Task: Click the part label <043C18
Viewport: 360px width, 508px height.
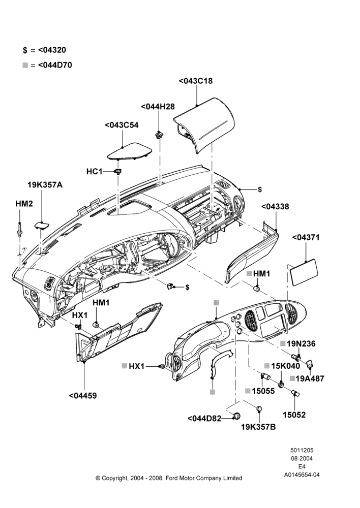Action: click(x=196, y=81)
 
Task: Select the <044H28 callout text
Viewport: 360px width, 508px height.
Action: click(x=158, y=107)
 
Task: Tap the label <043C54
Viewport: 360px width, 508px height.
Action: click(x=122, y=125)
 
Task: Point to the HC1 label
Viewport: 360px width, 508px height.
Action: click(x=95, y=171)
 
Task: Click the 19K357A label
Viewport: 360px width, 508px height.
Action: click(x=45, y=185)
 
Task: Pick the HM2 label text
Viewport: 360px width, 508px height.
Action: click(x=24, y=204)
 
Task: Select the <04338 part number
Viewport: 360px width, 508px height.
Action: click(x=275, y=207)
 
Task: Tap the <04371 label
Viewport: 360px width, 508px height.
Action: click(x=306, y=237)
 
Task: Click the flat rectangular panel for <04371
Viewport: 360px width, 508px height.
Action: click(x=304, y=272)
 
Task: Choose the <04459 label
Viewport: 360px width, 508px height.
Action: click(x=83, y=396)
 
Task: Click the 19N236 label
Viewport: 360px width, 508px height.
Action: click(x=301, y=344)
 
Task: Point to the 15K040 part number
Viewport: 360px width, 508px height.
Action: click(x=286, y=366)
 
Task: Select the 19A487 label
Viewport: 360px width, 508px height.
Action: click(x=310, y=378)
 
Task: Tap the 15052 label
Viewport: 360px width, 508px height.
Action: click(x=294, y=415)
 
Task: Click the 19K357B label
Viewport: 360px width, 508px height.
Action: click(x=258, y=427)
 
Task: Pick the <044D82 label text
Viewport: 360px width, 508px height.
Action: click(x=204, y=419)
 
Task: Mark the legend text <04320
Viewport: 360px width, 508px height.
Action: click(x=52, y=50)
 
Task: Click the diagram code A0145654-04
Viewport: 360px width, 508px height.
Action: click(x=302, y=475)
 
